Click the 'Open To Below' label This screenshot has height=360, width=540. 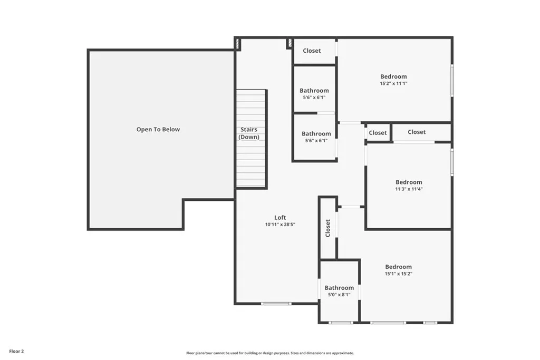point(158,130)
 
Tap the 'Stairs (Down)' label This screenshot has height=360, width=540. point(249,133)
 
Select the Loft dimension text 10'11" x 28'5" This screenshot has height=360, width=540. point(280,225)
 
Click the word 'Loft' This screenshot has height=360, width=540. point(280,218)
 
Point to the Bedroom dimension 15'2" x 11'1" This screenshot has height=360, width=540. point(393,83)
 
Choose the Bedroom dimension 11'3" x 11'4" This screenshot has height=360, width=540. point(409,189)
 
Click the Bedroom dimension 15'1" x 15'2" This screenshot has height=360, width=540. point(399,274)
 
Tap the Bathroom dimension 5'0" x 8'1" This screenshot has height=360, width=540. point(339,295)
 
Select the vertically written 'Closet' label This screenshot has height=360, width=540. point(328,228)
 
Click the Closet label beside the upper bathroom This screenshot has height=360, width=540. point(312,51)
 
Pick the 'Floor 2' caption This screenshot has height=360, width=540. point(16,352)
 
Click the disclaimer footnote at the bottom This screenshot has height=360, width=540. point(270,353)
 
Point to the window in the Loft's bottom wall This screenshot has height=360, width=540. point(276,304)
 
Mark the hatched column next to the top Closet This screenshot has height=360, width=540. point(290,43)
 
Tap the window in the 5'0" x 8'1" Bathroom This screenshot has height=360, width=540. point(340,323)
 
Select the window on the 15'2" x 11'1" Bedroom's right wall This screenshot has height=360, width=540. point(452,80)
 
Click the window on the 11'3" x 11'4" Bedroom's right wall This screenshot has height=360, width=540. point(452,162)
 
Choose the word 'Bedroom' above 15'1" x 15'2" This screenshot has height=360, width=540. point(399,267)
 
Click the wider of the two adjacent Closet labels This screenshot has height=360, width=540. point(417,132)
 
